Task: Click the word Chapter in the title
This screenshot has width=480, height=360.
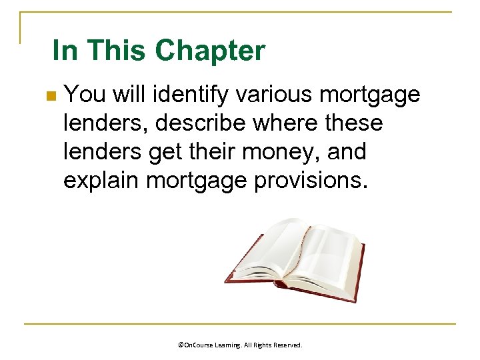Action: (x=210, y=51)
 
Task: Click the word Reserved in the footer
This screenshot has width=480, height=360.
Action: (x=288, y=345)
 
